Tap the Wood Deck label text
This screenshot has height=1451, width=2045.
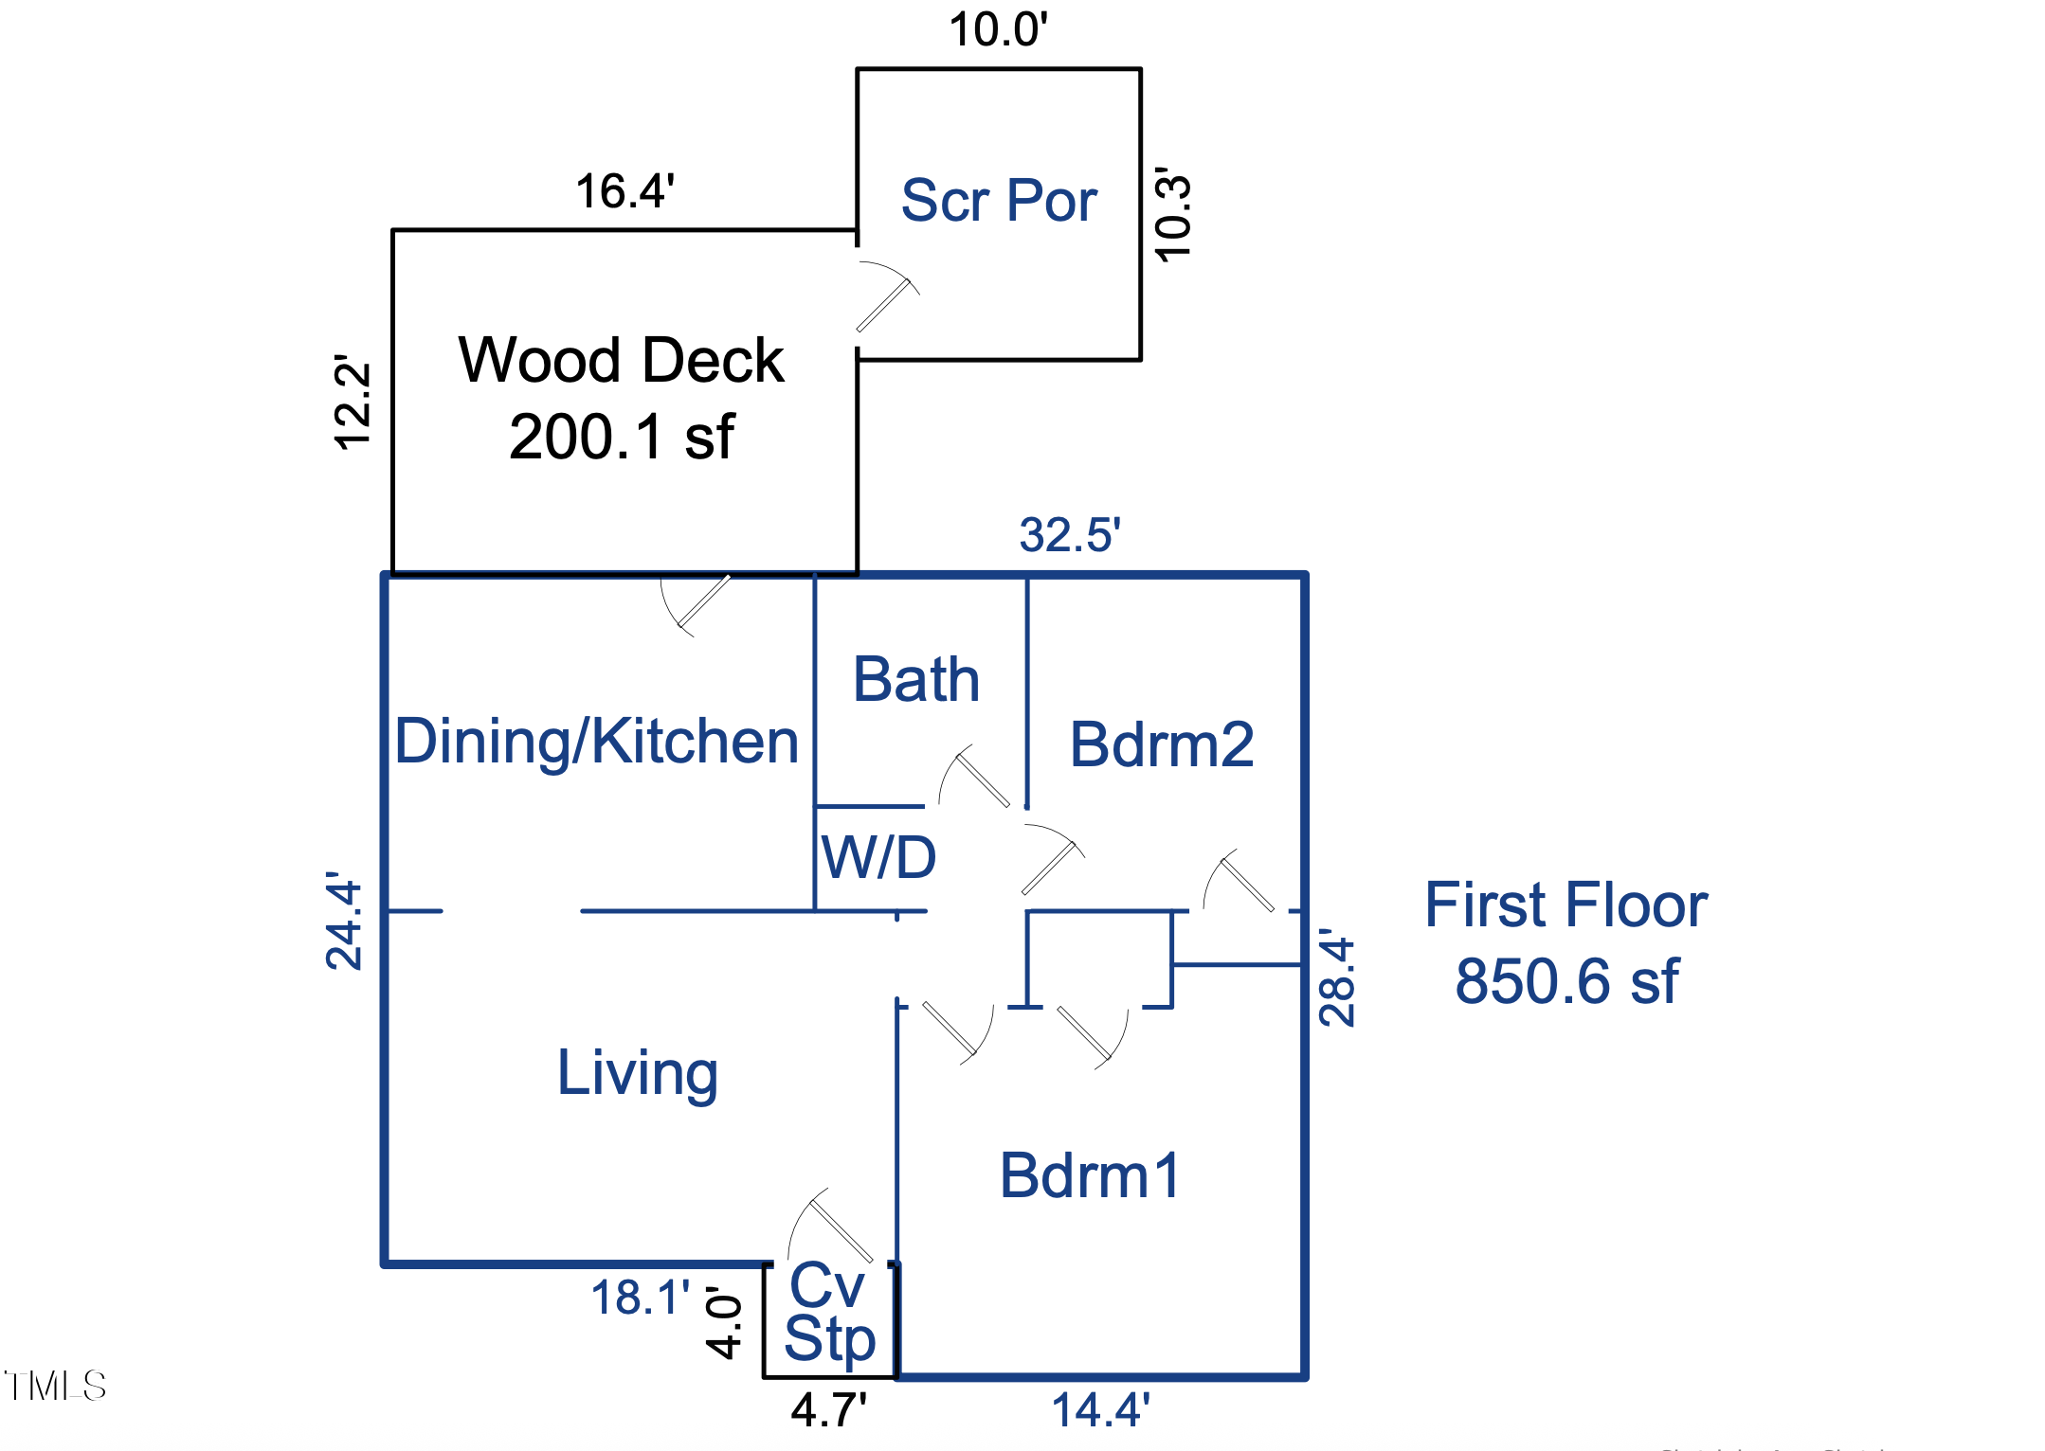pyautogui.click(x=621, y=361)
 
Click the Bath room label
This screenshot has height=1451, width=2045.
pyautogui.click(x=915, y=679)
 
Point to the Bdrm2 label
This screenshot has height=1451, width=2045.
pyautogui.click(x=1161, y=744)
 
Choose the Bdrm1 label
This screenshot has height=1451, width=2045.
pyautogui.click(x=1090, y=1175)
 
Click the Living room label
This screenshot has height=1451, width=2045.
pyautogui.click(x=637, y=1073)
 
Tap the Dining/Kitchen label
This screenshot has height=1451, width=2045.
pyautogui.click(x=596, y=741)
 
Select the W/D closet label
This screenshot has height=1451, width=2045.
pyautogui.click(x=878, y=858)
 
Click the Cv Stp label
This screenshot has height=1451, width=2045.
pyautogui.click(x=829, y=1313)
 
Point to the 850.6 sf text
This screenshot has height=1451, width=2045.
pyautogui.click(x=1566, y=980)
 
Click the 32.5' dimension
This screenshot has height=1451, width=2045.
pyautogui.click(x=1070, y=535)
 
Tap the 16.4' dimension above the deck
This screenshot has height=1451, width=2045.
pyautogui.click(x=624, y=191)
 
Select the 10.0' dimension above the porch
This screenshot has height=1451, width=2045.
pyautogui.click(x=998, y=29)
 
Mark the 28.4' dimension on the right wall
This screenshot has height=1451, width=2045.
pyautogui.click(x=1337, y=977)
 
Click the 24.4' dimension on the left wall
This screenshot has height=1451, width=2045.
pyautogui.click(x=344, y=921)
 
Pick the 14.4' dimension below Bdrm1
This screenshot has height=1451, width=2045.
pyautogui.click(x=1100, y=1409)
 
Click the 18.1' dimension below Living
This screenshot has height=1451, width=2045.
pyautogui.click(x=640, y=1298)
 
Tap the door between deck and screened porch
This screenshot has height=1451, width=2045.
pyautogui.click(x=883, y=298)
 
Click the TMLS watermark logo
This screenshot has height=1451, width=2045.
pyautogui.click(x=55, y=1386)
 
